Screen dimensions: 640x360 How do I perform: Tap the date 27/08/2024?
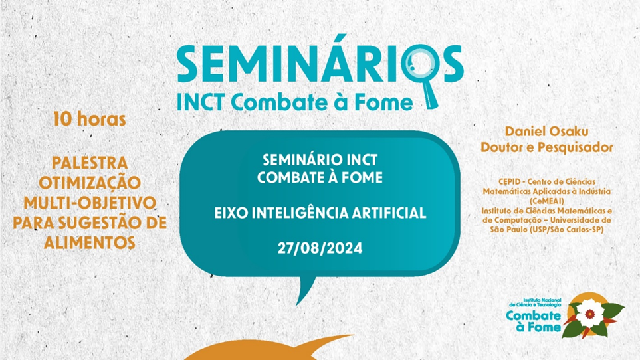coord(320,248)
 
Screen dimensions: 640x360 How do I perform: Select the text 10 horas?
coord(90,119)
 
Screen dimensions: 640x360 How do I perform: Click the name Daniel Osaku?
coord(546,132)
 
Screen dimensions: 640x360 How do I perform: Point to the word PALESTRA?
coord(90,163)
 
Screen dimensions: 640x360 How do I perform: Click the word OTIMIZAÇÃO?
coord(90,182)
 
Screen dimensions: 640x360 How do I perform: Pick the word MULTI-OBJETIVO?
coord(90,203)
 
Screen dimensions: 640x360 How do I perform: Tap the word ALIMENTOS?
coord(90,243)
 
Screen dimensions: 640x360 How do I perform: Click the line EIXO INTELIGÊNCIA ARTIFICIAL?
coord(320,213)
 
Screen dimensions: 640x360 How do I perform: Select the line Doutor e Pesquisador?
coord(546,147)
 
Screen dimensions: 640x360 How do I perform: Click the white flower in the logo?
coord(589,313)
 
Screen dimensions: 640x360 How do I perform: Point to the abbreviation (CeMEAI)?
coord(546,201)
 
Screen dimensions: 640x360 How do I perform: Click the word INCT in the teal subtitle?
coord(201,102)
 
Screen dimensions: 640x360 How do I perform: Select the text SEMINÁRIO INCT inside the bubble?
coord(320,160)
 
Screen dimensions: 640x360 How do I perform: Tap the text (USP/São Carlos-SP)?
coord(566,230)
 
